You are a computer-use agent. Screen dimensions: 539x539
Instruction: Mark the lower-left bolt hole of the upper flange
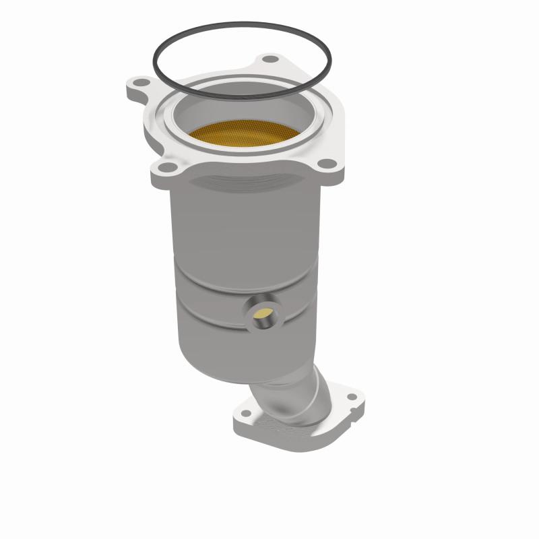click(x=163, y=163)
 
